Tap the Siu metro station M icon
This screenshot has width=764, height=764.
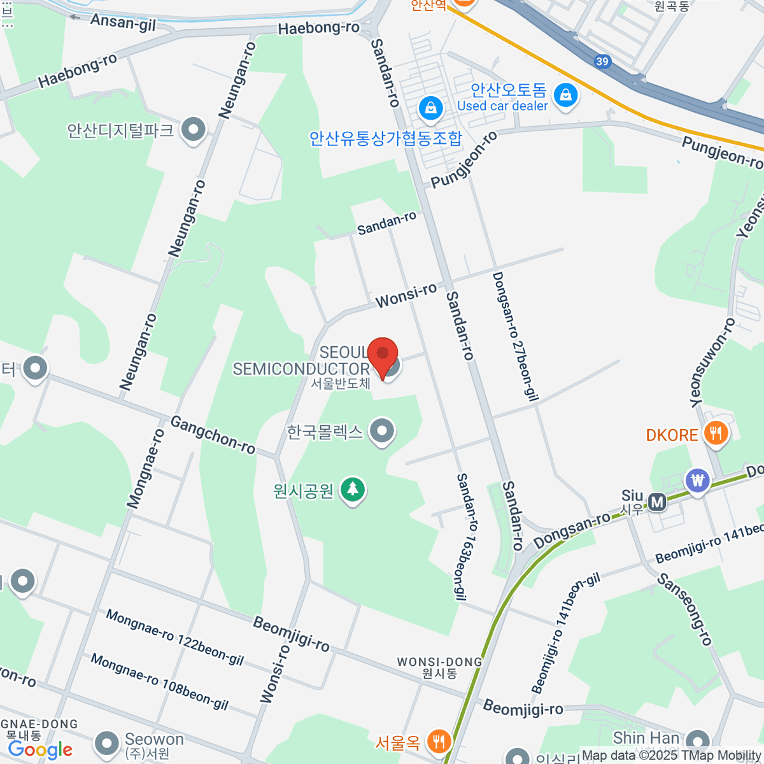[657, 503]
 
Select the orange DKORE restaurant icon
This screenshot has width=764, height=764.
[716, 434]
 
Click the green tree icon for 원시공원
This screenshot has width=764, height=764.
[352, 490]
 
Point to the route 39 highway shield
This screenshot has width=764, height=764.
[602, 62]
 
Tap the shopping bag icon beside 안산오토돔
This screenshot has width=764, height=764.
[565, 95]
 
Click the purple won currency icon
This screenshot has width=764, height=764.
[698, 480]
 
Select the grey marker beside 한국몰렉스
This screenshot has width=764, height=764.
[382, 431]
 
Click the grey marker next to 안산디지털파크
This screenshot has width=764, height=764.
[193, 130]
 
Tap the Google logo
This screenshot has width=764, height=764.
[40, 750]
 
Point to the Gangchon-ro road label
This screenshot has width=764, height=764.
[213, 435]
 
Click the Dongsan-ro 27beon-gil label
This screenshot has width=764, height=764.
[515, 337]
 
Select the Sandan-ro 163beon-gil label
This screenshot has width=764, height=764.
[467, 537]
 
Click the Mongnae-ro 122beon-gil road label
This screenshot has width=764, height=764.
[174, 637]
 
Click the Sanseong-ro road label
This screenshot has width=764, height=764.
[684, 609]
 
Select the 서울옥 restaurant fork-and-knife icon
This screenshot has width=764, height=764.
[438, 740]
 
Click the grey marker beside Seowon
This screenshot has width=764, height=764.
[106, 743]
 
